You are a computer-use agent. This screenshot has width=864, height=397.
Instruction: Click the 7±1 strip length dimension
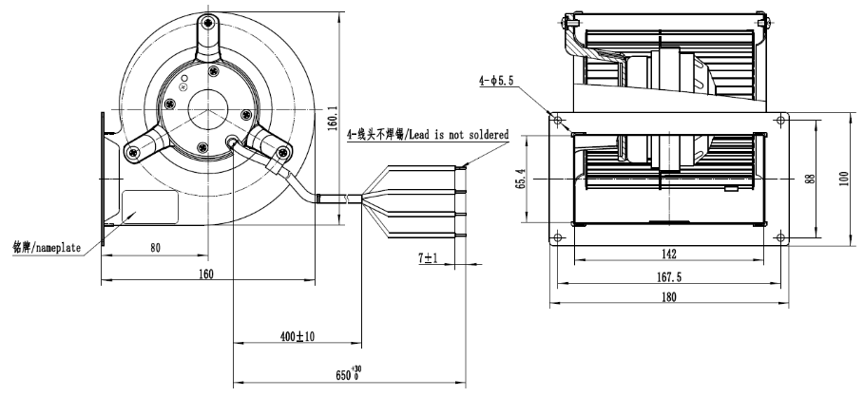click(x=428, y=257)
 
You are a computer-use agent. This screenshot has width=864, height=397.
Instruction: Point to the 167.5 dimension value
click(x=669, y=276)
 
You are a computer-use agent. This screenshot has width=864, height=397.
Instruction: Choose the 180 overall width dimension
click(x=670, y=299)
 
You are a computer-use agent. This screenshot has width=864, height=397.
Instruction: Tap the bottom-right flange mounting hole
click(x=780, y=236)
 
